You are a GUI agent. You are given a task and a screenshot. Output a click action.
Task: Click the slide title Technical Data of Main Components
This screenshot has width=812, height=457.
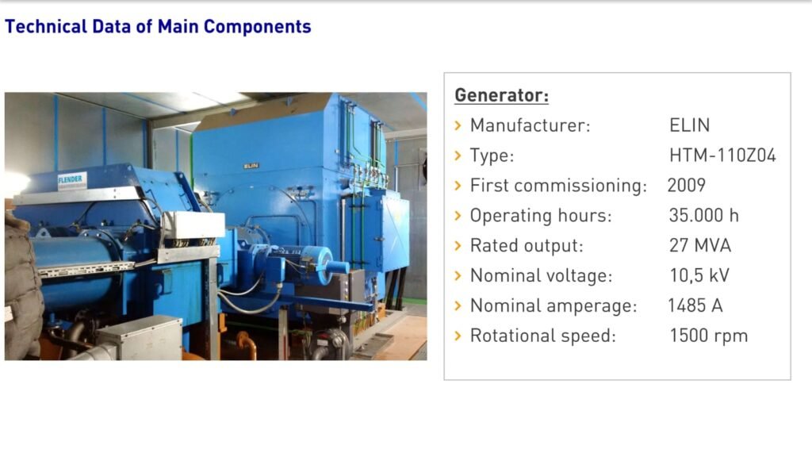click(x=158, y=26)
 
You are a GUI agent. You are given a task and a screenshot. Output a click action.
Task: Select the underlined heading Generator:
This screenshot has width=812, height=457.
click(x=501, y=95)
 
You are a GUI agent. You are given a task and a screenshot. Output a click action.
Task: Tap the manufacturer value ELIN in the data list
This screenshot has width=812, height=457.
click(x=689, y=125)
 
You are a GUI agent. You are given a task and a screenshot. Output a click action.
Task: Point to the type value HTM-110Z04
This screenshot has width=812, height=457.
click(x=722, y=156)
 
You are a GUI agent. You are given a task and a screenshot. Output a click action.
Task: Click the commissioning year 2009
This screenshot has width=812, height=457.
click(x=686, y=186)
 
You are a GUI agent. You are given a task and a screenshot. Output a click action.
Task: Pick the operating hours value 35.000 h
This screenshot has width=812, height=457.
click(x=704, y=216)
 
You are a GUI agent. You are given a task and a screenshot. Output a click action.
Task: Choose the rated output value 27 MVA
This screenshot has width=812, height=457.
click(x=699, y=246)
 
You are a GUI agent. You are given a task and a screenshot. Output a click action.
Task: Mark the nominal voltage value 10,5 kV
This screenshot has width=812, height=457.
click(x=699, y=275)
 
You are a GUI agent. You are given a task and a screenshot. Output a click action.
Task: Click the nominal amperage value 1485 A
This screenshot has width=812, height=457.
click(x=695, y=305)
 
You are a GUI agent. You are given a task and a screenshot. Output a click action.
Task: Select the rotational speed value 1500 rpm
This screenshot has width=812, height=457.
click(x=708, y=336)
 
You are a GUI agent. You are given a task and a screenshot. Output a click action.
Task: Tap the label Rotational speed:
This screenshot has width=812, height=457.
click(x=542, y=336)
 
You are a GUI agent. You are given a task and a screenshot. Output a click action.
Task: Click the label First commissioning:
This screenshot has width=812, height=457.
click(x=558, y=186)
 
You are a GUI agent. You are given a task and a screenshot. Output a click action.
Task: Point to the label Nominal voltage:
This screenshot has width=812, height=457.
click(x=541, y=275)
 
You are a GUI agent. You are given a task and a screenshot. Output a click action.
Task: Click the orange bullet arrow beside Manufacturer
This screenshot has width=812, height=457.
click(x=458, y=125)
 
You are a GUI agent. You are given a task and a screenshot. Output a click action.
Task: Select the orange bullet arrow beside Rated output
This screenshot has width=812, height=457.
click(x=458, y=246)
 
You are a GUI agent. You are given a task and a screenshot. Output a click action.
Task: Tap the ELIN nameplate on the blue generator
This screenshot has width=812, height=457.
click(x=251, y=166)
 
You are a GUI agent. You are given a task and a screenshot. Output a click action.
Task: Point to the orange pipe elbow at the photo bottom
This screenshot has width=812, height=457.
click(x=247, y=344)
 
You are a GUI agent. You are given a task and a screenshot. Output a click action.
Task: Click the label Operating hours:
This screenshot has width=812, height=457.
click(x=541, y=216)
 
